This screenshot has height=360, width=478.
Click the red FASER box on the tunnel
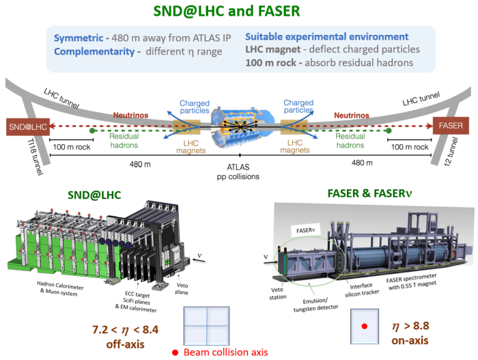coord(451,126)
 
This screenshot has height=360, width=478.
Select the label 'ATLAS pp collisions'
coord(238,171)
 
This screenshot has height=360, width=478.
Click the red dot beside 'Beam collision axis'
coord(175,352)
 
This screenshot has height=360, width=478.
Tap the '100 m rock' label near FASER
coord(408,147)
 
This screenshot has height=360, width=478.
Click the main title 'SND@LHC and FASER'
coord(239,11)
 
